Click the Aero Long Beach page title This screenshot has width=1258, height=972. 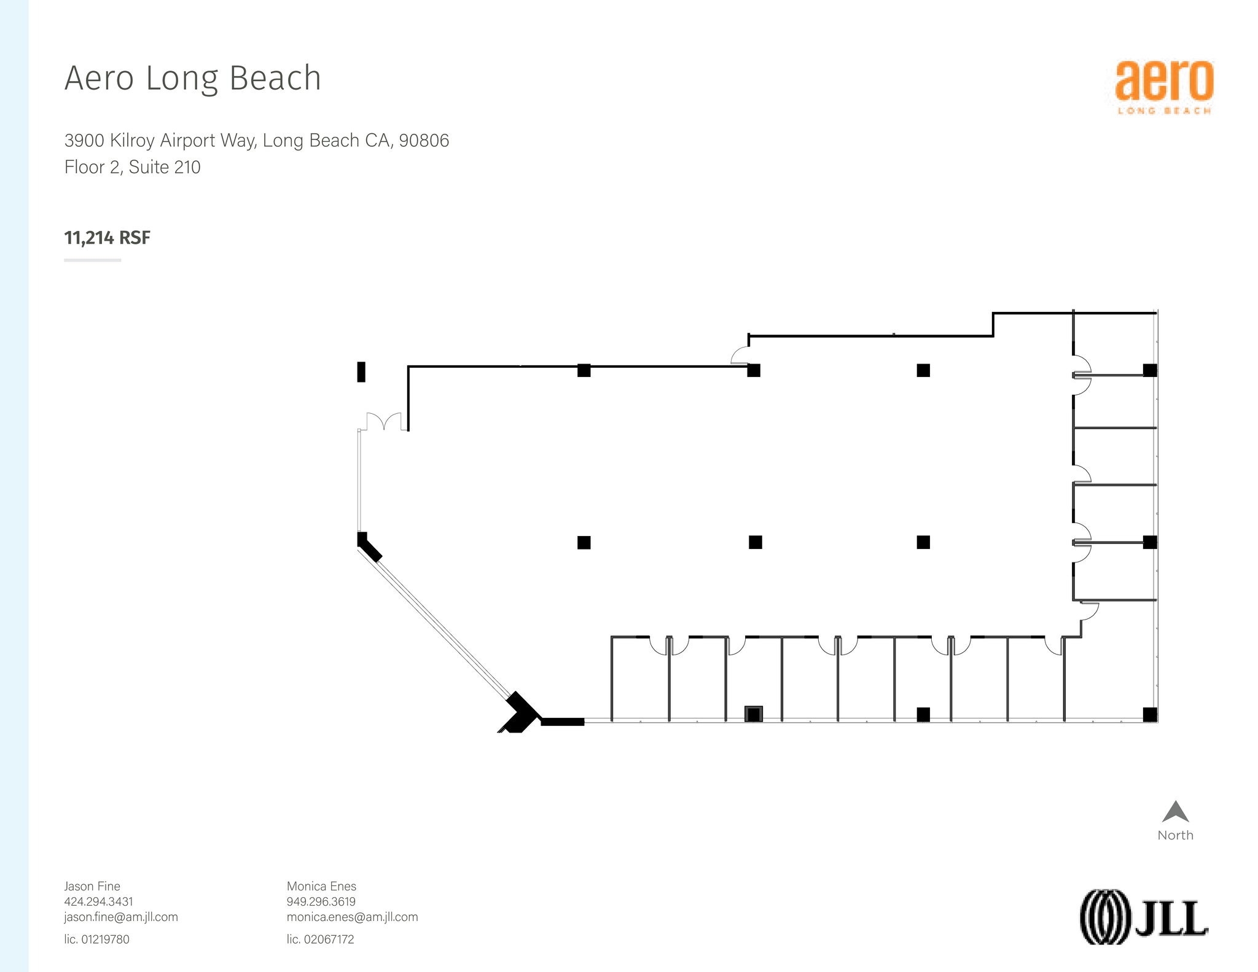coord(192,79)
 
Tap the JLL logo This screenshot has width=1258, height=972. coord(1144,916)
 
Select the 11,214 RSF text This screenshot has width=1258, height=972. coord(107,238)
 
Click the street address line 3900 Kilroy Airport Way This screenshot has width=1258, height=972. coord(256,141)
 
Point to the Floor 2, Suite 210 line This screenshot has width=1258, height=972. coord(132,167)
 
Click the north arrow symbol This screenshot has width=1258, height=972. coord(1174,812)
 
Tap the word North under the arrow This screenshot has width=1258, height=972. coord(1174,835)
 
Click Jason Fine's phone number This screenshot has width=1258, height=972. coord(98,901)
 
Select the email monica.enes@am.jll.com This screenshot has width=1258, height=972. coord(352,917)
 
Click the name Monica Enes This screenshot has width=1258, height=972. coord(321,886)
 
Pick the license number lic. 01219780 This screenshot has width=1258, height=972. coord(96,939)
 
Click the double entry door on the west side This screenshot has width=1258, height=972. coord(384,422)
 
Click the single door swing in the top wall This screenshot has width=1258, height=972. coord(740,356)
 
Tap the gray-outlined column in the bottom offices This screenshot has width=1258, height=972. coord(753,713)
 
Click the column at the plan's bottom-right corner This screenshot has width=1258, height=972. coord(1149,714)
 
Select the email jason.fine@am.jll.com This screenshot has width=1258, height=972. coord(121,917)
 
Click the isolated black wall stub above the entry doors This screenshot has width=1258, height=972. coord(361,372)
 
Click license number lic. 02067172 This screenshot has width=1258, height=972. coord(320,939)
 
